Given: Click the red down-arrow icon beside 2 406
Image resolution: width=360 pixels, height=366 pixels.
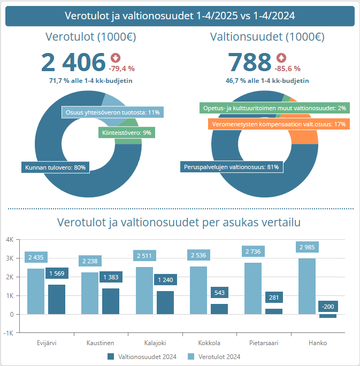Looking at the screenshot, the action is [116, 58].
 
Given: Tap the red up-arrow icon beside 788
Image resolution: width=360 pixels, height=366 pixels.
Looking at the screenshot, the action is [281, 58].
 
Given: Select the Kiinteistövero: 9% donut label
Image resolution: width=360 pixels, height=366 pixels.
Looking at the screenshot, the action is [127, 133].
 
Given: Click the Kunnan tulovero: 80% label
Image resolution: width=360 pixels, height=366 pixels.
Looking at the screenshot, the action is [55, 167].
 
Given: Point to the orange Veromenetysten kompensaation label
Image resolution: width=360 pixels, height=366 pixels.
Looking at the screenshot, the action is [279, 124].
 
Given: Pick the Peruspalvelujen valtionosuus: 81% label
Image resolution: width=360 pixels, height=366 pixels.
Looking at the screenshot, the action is [232, 167].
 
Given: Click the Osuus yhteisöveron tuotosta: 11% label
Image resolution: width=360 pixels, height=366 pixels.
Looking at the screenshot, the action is [113, 112].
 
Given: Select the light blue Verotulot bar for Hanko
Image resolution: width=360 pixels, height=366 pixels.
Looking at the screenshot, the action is [307, 286].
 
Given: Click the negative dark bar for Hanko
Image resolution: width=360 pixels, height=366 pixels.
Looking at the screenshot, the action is [328, 316].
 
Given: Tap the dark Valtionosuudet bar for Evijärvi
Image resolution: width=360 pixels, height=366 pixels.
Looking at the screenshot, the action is [57, 299].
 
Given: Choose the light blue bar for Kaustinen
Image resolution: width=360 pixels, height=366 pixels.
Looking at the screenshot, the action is [90, 293].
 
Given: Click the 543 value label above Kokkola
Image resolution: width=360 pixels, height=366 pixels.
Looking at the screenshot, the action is [219, 293].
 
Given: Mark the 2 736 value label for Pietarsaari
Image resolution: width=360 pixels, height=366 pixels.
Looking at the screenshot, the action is [253, 251].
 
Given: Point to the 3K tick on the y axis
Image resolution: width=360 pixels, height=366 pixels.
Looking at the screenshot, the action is [10, 258].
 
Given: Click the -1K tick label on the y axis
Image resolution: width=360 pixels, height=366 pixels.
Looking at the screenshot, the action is [9, 333].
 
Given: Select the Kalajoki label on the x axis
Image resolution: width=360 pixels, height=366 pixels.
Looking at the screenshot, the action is [155, 342].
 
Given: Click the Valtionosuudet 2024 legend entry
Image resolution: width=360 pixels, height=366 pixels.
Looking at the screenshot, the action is [142, 357].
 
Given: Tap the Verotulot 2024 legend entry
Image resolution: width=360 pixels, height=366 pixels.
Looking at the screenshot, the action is [214, 357].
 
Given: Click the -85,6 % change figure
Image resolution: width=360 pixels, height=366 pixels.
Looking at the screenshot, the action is [287, 68].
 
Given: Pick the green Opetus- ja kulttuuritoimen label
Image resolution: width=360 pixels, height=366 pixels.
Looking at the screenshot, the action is [274, 108].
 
